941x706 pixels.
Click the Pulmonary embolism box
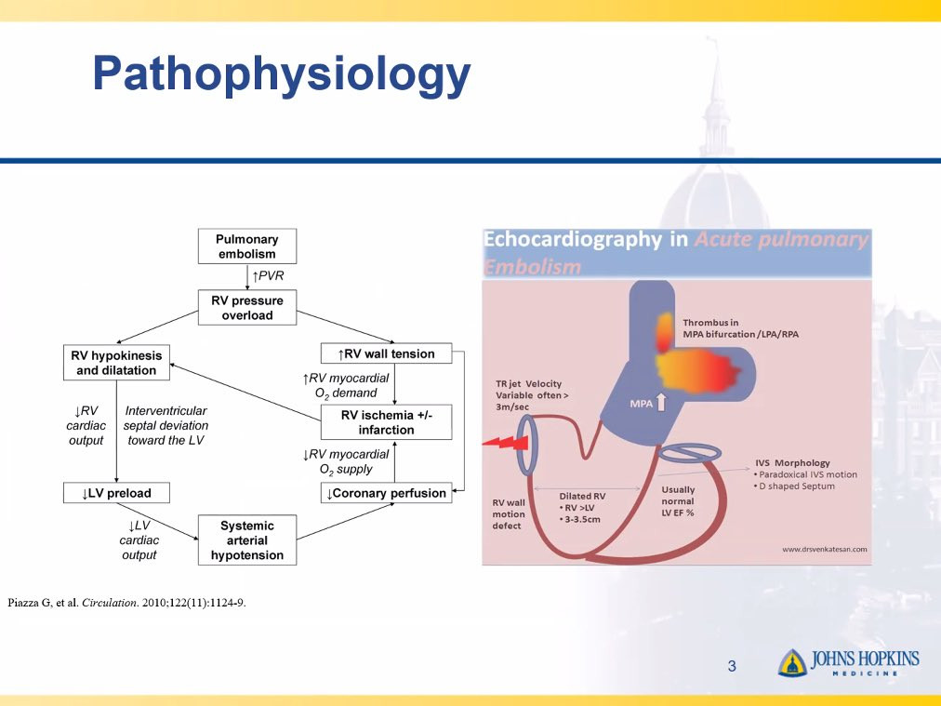(247, 246)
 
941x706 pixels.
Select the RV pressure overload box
(247, 308)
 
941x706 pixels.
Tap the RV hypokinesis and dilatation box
(116, 363)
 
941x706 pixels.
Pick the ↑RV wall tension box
(387, 353)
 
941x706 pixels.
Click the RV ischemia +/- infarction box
(387, 422)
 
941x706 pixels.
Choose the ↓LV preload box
(116, 493)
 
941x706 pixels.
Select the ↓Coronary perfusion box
(387, 493)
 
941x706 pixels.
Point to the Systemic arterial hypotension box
(247, 539)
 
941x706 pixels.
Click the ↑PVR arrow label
(268, 275)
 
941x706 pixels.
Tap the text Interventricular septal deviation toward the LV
(166, 426)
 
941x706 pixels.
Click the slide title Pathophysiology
(282, 73)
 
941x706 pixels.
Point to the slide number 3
(732, 666)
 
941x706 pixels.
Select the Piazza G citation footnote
(126, 603)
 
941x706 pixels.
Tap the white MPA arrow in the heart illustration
(661, 402)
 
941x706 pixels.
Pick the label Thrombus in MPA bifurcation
(740, 328)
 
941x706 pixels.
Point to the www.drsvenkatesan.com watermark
(825, 550)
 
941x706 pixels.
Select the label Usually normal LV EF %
(678, 501)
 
